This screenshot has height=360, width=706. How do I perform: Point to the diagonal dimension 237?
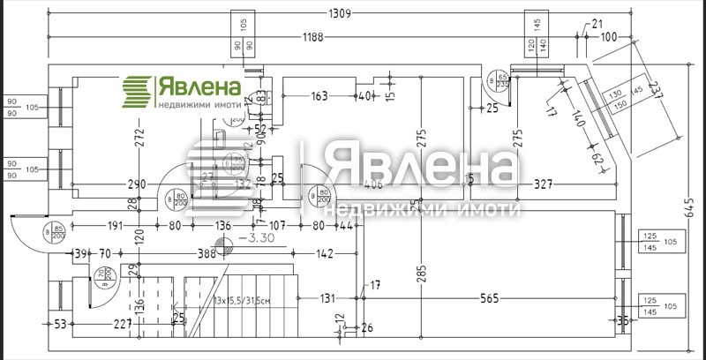pos(654,91)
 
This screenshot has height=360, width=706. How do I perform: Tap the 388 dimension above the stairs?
pos(207,254)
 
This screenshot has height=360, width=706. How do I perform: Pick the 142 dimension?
pos(324,254)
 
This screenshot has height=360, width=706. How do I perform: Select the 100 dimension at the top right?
pos(609,37)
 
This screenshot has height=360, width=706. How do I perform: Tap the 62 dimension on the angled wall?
pos(597,159)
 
